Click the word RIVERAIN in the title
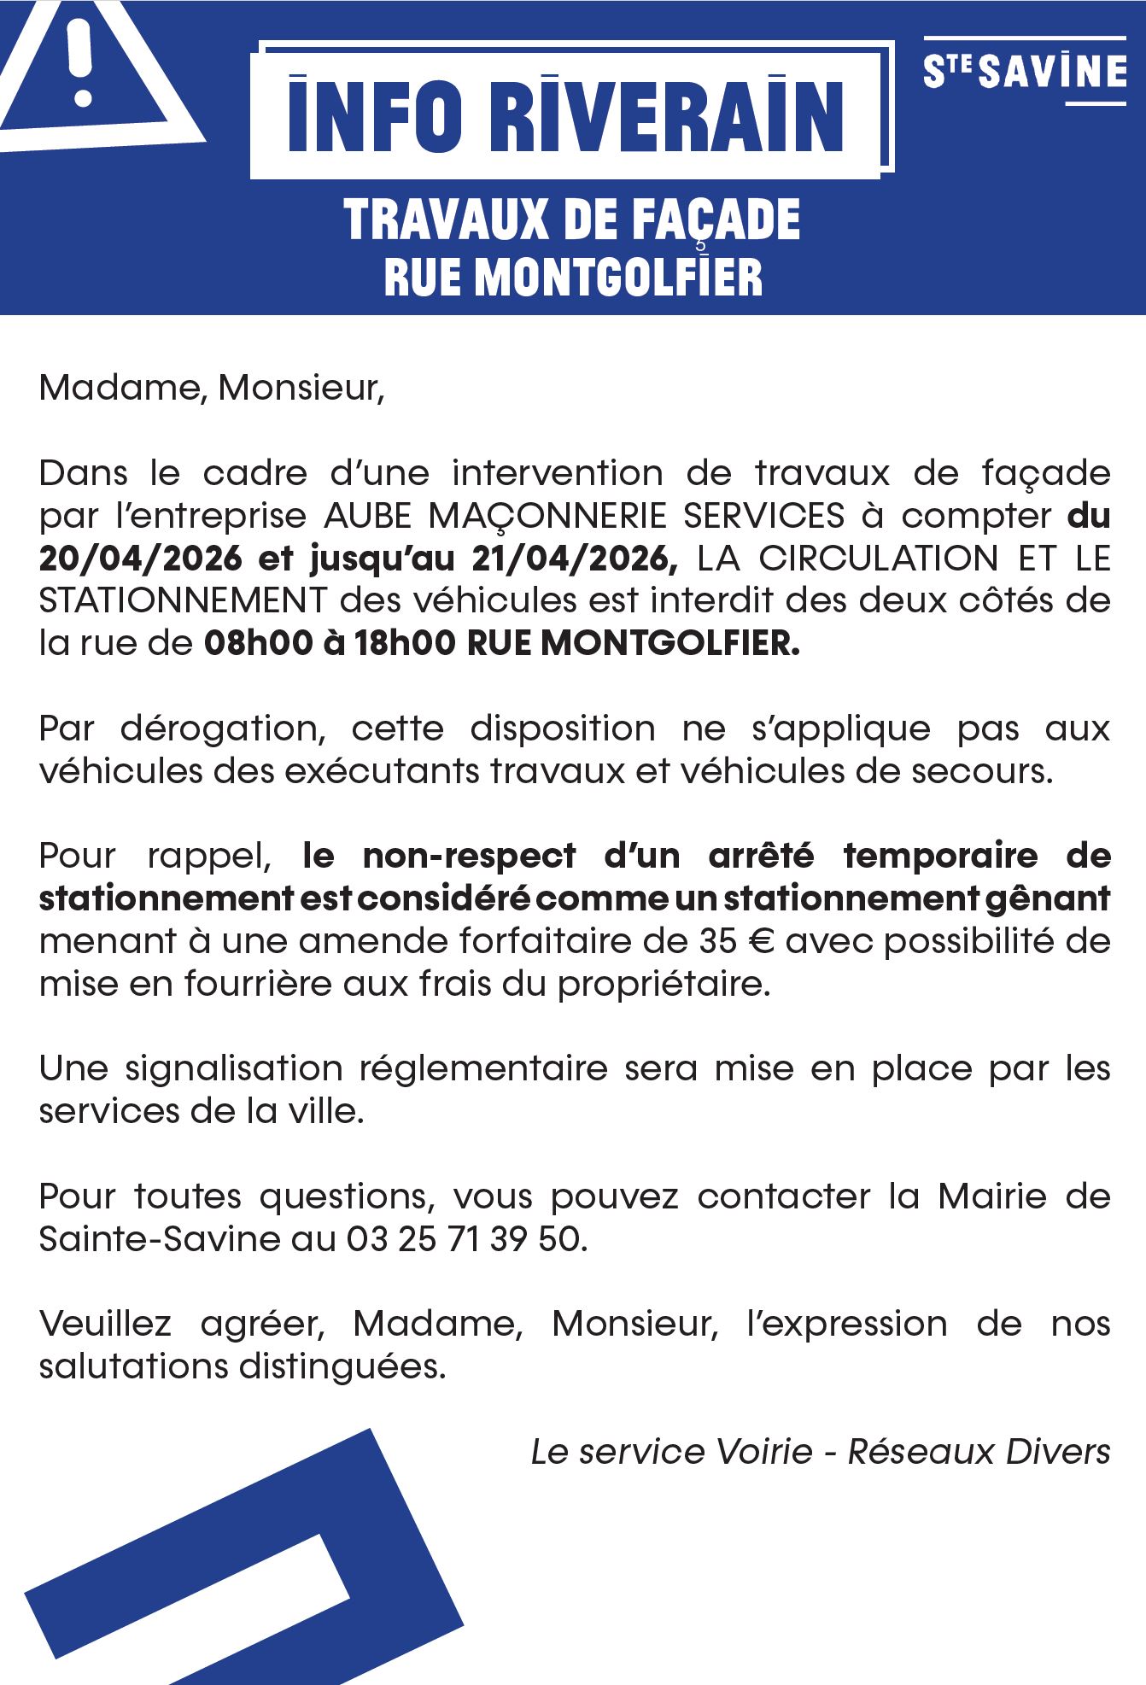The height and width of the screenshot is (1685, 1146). [667, 116]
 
